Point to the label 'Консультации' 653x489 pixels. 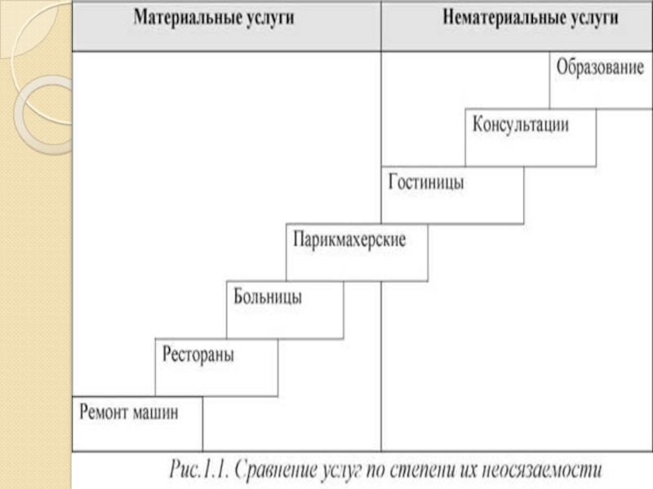520,126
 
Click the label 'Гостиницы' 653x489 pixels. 425,183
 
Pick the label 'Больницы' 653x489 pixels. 268,297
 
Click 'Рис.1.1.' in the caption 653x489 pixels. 201,470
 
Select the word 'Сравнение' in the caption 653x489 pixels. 282,470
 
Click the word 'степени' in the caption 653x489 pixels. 424,470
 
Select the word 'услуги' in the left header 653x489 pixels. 271,18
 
